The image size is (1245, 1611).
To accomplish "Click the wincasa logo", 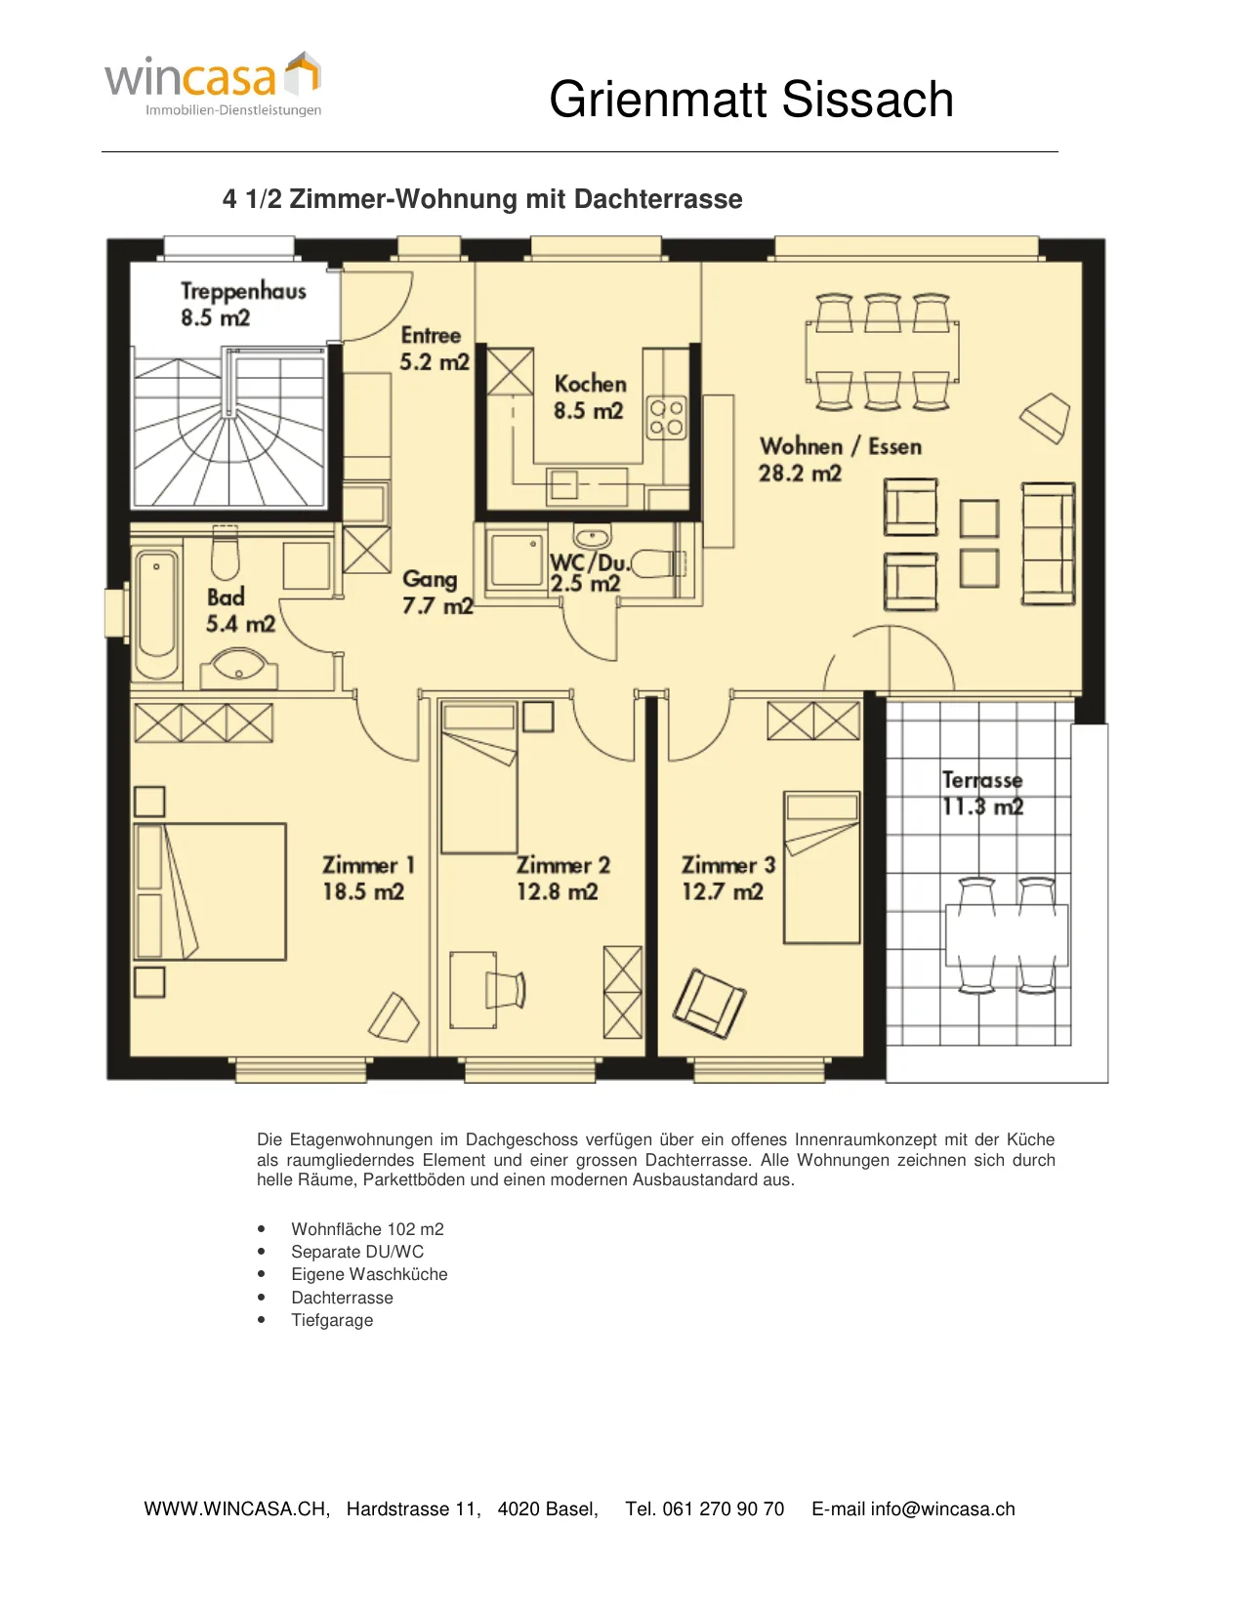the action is [x=213, y=84].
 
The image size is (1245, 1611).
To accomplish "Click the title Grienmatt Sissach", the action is [x=750, y=99].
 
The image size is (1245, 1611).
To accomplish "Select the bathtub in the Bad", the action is [x=157, y=612].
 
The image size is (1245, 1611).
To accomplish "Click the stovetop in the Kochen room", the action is [x=667, y=418].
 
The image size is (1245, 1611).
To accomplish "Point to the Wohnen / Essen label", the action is [x=841, y=446].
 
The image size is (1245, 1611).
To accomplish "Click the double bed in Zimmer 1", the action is [x=209, y=891].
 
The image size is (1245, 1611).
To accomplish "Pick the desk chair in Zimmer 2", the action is [x=506, y=989].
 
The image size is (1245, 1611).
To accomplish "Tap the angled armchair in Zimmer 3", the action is [x=709, y=1004].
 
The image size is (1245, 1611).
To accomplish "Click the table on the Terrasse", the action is [x=1006, y=934].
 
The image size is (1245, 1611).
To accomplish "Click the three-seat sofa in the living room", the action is [x=1048, y=544].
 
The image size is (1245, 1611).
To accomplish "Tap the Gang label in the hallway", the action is [x=430, y=578].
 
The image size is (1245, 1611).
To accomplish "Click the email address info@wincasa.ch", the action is [x=942, y=1508].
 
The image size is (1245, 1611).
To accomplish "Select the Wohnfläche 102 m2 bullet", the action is [x=368, y=1229].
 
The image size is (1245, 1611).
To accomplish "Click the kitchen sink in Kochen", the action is [x=564, y=485].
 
